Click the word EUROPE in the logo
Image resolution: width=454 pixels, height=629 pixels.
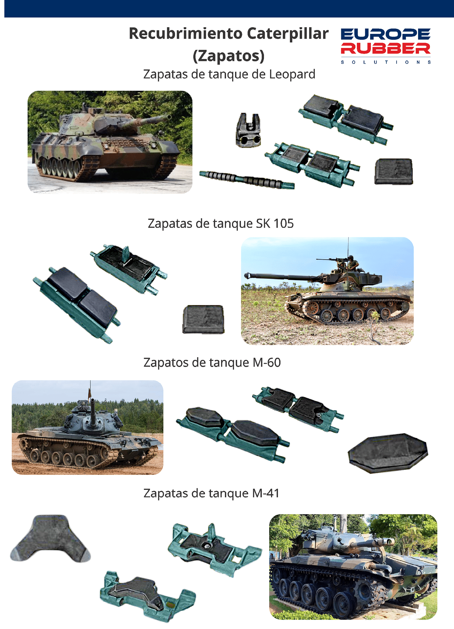(x=385, y=34)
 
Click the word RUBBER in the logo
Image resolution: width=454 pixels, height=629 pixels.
(x=385, y=49)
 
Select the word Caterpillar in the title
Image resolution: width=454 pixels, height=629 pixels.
(x=288, y=34)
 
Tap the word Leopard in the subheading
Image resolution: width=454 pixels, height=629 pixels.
(x=292, y=74)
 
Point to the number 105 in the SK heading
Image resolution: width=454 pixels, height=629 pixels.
(x=284, y=223)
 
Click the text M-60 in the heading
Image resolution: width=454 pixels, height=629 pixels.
(x=267, y=363)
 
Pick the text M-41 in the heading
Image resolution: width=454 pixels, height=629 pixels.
(x=266, y=493)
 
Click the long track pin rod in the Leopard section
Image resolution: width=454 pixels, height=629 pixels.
(x=247, y=180)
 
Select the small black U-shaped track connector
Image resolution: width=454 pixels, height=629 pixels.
(x=248, y=130)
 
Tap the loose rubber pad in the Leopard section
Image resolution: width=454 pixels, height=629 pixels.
(x=394, y=171)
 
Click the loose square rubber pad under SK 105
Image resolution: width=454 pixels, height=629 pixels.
(x=203, y=319)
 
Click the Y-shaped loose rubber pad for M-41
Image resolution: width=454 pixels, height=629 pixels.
(x=51, y=538)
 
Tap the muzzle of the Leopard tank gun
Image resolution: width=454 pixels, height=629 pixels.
(x=168, y=116)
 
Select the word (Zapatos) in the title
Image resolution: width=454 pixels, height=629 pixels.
(x=229, y=56)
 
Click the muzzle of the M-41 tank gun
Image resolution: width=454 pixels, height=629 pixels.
(x=388, y=541)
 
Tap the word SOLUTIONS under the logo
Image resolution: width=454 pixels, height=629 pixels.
(x=386, y=62)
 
